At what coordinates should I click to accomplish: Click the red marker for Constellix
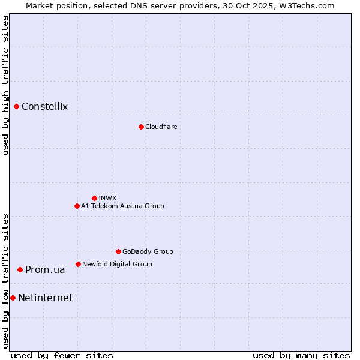(x=17, y=107)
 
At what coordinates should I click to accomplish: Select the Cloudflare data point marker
(x=141, y=127)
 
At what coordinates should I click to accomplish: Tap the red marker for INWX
(x=94, y=198)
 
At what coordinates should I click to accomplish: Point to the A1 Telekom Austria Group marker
(x=77, y=206)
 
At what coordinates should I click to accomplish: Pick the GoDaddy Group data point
(x=118, y=251)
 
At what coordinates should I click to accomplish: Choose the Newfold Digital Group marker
(x=78, y=264)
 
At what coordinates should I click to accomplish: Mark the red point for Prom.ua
(x=20, y=270)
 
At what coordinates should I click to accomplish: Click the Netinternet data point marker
(x=13, y=298)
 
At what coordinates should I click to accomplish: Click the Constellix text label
(x=45, y=107)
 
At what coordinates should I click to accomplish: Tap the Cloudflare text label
(x=161, y=127)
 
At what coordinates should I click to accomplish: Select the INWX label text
(x=107, y=198)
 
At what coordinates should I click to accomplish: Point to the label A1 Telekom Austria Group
(x=122, y=206)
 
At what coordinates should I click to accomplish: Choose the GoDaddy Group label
(x=148, y=251)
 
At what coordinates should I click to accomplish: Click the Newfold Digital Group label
(x=117, y=264)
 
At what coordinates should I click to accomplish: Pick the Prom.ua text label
(x=45, y=270)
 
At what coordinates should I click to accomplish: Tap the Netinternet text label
(x=46, y=298)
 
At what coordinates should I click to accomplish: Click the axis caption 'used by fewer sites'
(x=62, y=355)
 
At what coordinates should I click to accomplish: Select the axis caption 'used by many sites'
(x=301, y=355)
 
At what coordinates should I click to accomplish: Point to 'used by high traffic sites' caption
(x=5, y=85)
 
